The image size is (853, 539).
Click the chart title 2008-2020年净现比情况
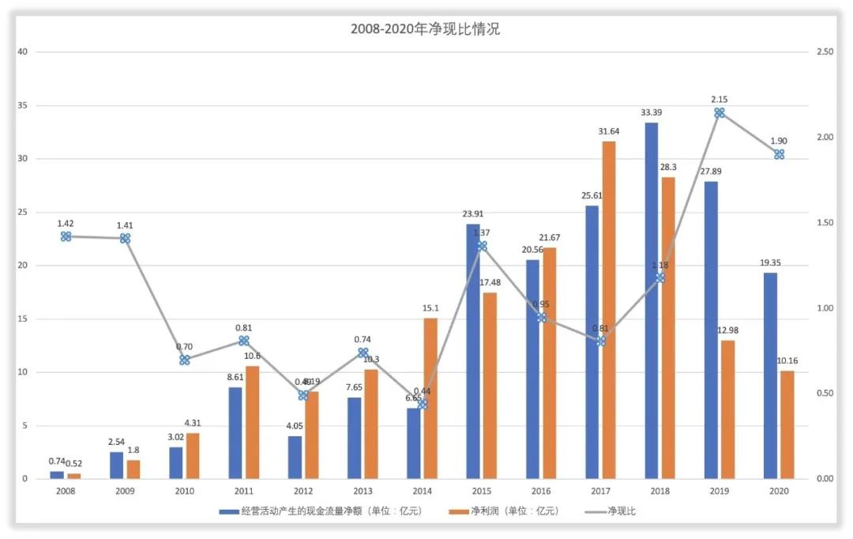(426, 30)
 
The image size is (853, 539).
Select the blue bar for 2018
(651, 300)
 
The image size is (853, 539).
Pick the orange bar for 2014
(430, 398)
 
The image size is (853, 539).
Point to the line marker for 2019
(720, 113)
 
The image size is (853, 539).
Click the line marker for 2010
(185, 360)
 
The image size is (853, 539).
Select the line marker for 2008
(66, 236)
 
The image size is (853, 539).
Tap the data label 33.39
(651, 112)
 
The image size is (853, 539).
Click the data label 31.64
(608, 131)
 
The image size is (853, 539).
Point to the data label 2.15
(719, 100)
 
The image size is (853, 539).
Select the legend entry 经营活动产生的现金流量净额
(321, 511)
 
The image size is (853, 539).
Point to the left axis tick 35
(22, 105)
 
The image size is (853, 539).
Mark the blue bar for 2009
(116, 465)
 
